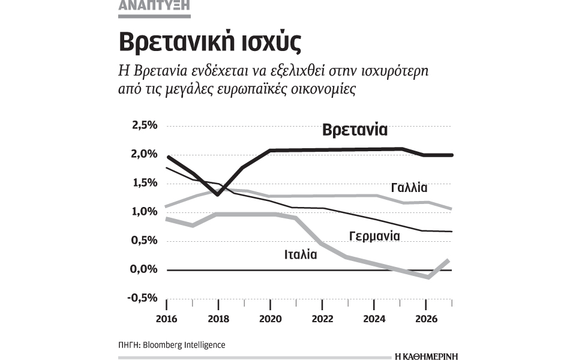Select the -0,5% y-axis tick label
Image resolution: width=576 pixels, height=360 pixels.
pos(142,298)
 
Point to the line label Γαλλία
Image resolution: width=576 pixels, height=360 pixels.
pos(409,188)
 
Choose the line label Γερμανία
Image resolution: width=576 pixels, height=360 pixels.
pos(374,236)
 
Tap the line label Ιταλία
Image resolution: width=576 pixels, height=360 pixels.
pos(301,254)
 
